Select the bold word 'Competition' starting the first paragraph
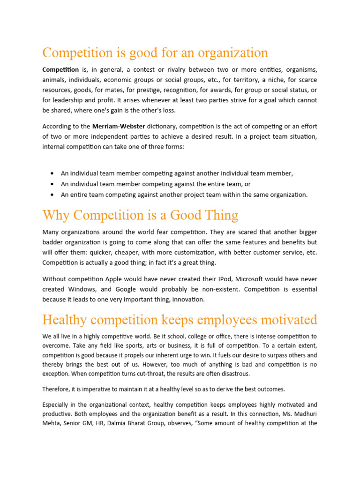[60, 69]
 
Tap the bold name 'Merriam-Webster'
[119, 126]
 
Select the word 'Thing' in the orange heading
[220, 215]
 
